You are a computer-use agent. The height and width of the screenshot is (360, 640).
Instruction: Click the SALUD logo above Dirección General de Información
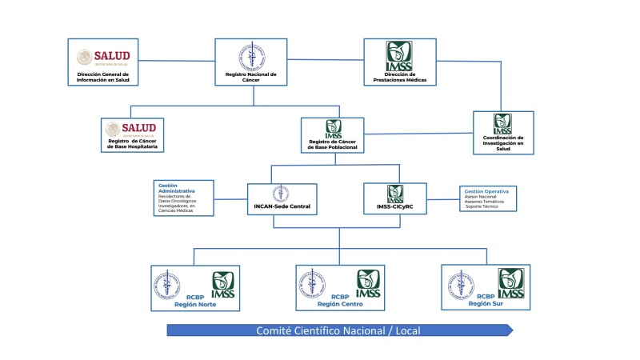click(x=103, y=57)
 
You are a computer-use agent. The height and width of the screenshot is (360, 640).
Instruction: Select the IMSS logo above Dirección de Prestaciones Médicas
click(x=399, y=56)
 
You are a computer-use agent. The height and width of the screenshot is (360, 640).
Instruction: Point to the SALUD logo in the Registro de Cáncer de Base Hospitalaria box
click(x=131, y=129)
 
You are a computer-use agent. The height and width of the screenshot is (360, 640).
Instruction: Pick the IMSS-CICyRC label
click(x=394, y=206)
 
